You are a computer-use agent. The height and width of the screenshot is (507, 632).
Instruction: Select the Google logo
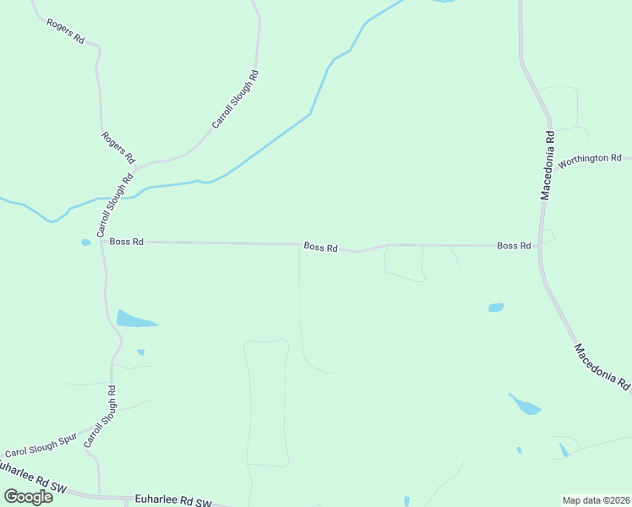(29, 496)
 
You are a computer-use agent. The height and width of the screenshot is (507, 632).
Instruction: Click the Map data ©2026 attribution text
(596, 500)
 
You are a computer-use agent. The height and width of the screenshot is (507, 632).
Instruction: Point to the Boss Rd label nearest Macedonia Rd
(514, 246)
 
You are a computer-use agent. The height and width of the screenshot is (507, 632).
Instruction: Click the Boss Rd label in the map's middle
(321, 248)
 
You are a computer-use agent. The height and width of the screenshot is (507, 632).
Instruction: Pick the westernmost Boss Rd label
(127, 242)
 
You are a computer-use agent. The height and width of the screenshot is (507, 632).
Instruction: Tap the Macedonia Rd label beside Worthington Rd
(548, 165)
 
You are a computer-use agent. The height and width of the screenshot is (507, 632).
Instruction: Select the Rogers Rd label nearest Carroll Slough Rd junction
(117, 147)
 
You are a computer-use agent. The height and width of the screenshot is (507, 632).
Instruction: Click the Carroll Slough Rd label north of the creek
(235, 100)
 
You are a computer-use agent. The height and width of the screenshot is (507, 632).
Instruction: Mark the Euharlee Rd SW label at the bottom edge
(172, 501)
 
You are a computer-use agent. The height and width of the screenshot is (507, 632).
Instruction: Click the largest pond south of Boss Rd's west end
(133, 319)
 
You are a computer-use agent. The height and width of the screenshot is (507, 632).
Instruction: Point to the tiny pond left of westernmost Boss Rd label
(85, 243)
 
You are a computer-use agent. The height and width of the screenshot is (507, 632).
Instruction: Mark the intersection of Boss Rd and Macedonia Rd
(538, 246)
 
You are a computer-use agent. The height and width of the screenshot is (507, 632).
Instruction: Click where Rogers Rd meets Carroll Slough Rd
(136, 166)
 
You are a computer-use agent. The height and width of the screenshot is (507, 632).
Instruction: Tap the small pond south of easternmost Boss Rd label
(496, 308)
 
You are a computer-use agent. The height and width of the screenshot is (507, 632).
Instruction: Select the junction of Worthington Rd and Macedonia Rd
(553, 158)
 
